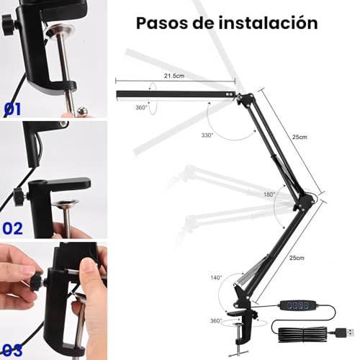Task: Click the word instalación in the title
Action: [269, 22]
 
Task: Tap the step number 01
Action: [13, 109]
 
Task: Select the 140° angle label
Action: [216, 276]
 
